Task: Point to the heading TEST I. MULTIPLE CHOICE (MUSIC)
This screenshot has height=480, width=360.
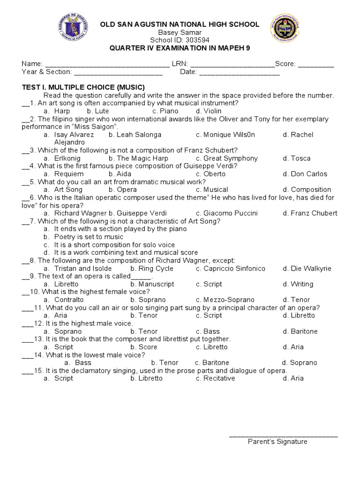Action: [x=83, y=87]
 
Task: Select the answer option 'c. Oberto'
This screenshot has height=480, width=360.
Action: [x=211, y=174]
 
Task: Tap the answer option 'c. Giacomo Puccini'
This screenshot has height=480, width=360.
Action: [x=227, y=213]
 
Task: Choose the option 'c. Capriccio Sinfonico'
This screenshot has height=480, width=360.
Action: [x=231, y=269]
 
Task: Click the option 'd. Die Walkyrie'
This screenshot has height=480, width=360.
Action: [x=307, y=269]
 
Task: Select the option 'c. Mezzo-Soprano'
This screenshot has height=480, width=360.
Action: [x=225, y=300]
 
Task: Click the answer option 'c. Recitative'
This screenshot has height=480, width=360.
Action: [x=216, y=378]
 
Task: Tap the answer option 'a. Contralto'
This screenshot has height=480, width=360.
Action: [x=63, y=300]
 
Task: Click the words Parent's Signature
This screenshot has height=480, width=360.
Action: [x=277, y=442]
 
